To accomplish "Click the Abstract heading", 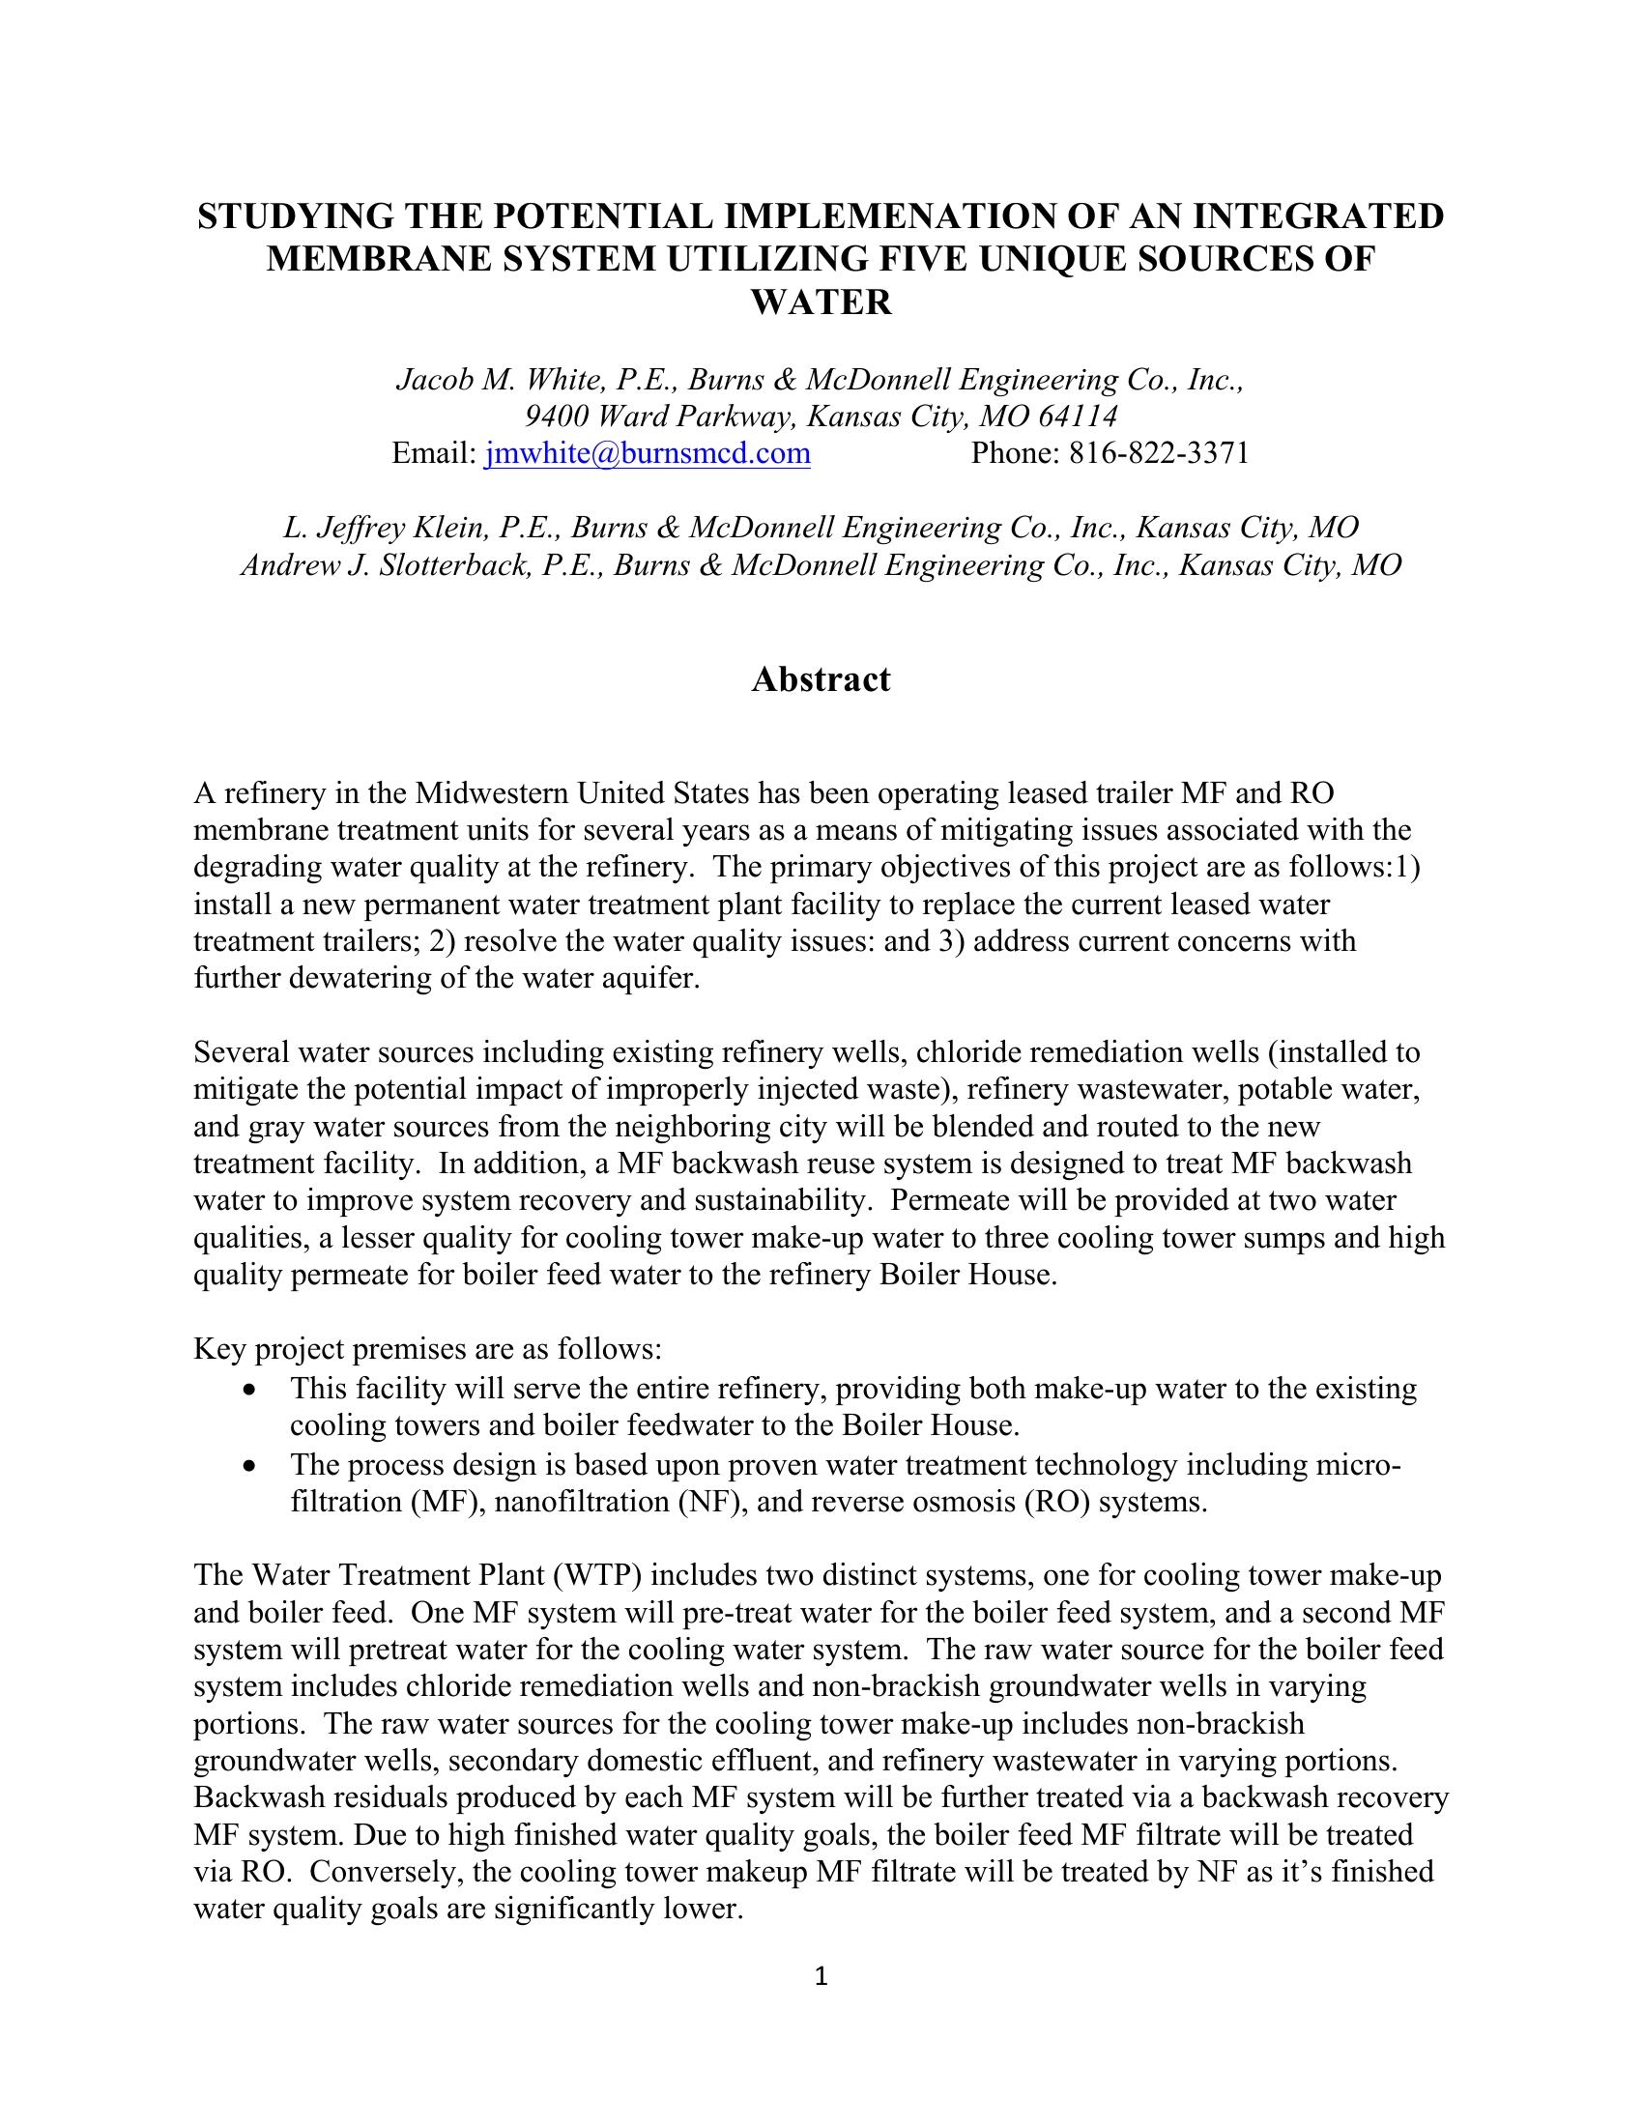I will coord(821,679).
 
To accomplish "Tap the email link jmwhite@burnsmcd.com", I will coord(648,453).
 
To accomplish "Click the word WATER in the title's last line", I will coord(821,302).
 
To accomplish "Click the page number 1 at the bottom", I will coord(821,1977).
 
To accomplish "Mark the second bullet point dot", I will coord(252,1466).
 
